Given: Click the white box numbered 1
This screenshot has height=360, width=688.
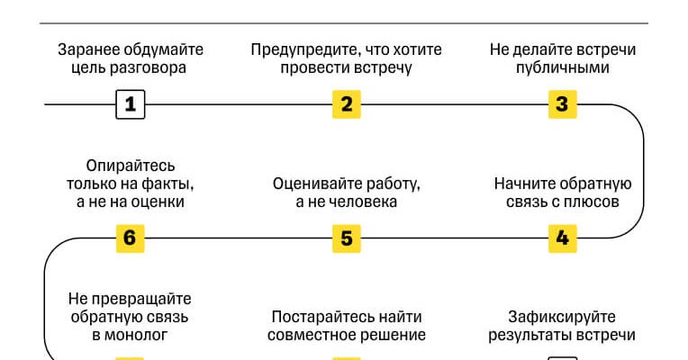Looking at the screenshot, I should [x=130, y=104].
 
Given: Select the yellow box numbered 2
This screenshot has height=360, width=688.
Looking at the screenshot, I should [x=346, y=104].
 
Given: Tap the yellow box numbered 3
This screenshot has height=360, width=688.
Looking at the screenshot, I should [x=562, y=104].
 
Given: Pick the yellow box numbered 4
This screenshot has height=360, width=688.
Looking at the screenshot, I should [x=562, y=238].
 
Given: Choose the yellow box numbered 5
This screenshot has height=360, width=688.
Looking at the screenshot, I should [x=346, y=238].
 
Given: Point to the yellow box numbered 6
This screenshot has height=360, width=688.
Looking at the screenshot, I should [x=130, y=238].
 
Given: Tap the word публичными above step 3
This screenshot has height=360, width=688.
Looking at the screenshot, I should [x=563, y=67].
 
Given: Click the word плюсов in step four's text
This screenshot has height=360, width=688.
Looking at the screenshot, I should [x=596, y=202].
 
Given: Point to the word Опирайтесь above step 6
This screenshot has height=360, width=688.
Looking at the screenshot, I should [x=131, y=166].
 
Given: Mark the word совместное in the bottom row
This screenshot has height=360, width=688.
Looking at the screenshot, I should [x=310, y=335].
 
